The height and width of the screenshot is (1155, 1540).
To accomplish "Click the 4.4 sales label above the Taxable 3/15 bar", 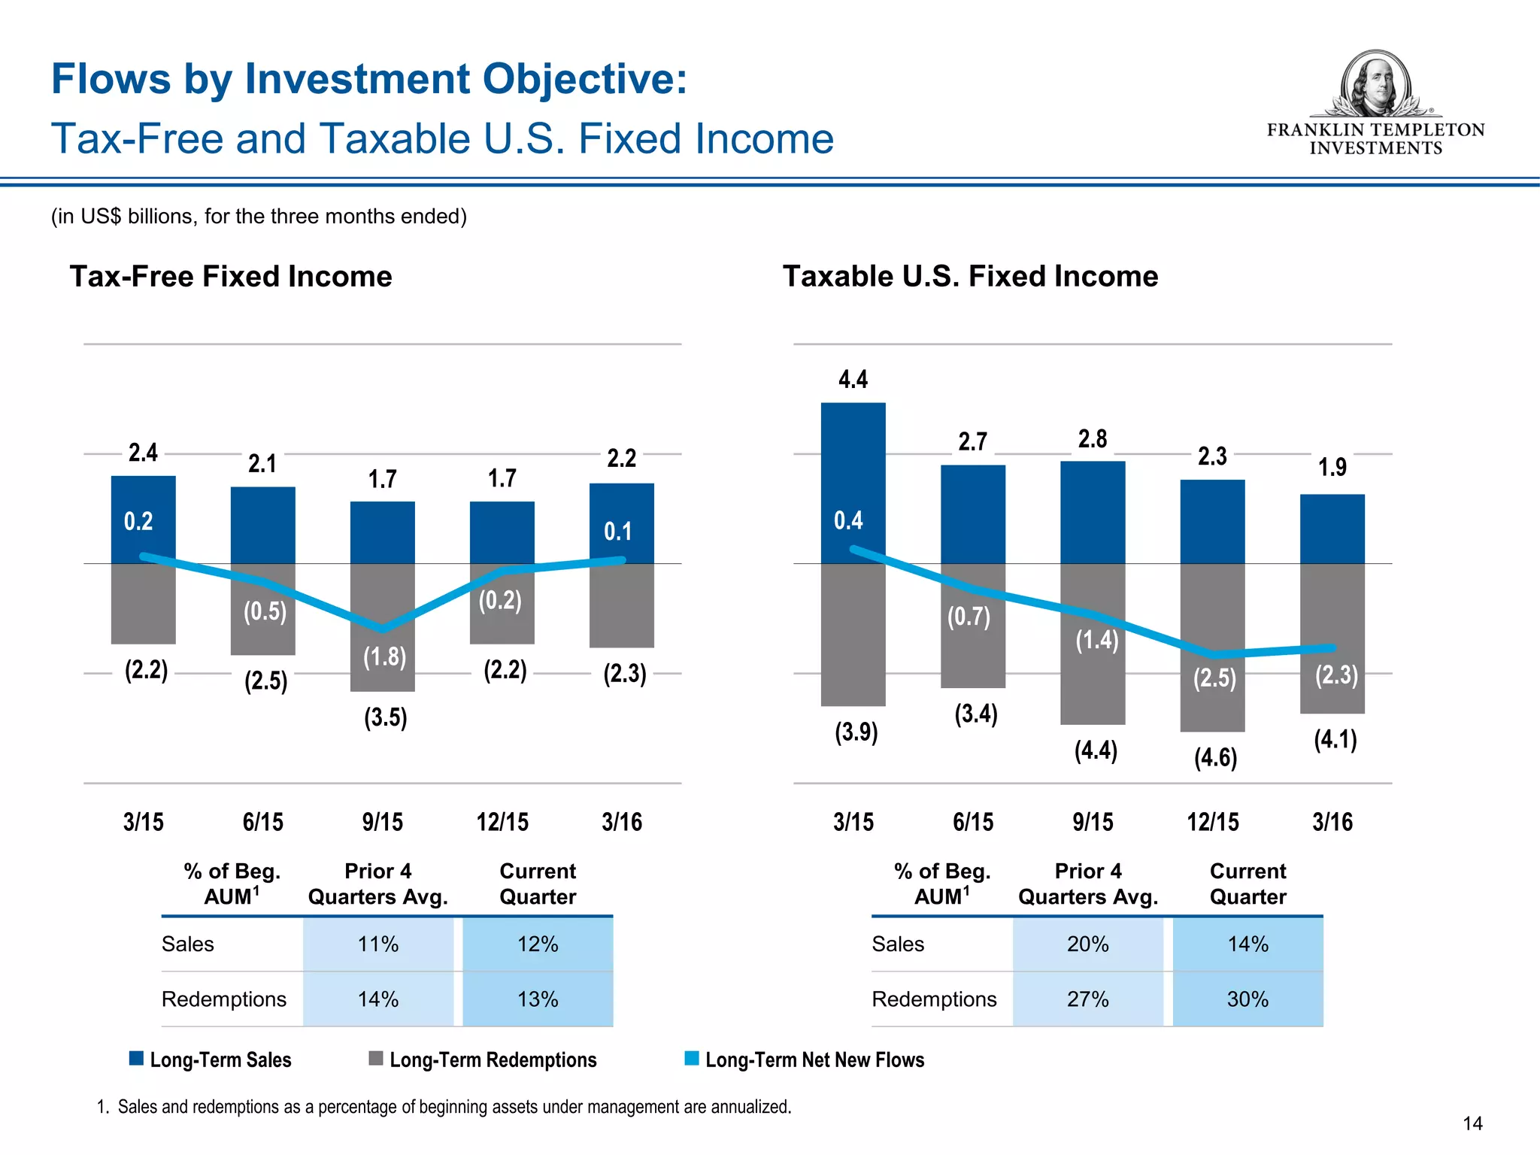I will tap(853, 379).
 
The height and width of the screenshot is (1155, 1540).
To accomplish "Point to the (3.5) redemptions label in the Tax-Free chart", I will tap(385, 717).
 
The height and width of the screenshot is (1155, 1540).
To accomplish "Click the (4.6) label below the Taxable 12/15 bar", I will tap(1215, 757).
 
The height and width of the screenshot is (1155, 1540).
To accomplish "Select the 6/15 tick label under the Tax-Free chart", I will tap(262, 822).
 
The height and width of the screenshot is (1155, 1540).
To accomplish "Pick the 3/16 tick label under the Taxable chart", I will tap(1332, 822).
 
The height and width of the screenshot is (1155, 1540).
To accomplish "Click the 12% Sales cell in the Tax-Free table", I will tap(538, 944).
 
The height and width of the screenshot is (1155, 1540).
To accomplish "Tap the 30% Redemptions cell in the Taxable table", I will tap(1247, 999).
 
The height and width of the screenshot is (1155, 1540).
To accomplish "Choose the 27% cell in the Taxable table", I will tap(1087, 999).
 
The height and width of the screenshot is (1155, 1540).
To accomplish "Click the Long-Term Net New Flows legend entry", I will tap(814, 1060).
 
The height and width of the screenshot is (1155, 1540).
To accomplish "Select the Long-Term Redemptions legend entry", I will tap(493, 1060).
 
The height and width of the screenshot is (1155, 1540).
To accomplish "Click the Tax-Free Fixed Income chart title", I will tap(231, 277).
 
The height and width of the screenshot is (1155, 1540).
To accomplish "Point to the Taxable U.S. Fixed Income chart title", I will tap(970, 277).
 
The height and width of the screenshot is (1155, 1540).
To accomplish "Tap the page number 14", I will tap(1472, 1123).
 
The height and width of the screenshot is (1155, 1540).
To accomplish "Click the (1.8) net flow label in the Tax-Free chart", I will tap(384, 657).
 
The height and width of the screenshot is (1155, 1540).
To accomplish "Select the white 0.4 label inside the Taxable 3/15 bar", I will tap(848, 520).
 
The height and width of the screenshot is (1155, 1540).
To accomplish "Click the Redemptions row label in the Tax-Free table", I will tap(224, 999).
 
